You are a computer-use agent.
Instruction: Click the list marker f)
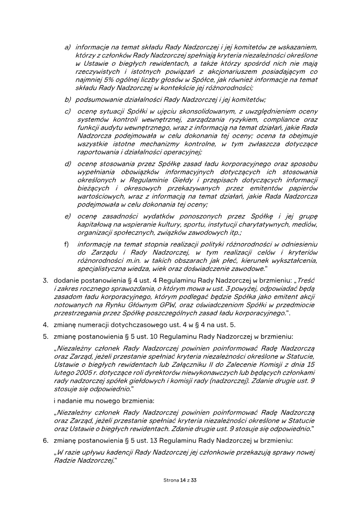click(67, 244)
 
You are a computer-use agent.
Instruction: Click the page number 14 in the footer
click(183, 480)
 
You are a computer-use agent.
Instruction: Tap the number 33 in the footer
click(194, 480)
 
